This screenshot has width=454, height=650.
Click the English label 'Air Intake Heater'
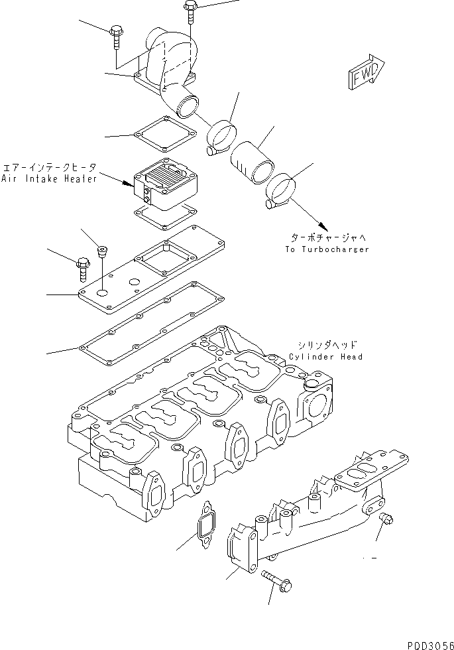[x=49, y=179]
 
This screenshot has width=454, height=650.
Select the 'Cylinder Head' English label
[x=325, y=357]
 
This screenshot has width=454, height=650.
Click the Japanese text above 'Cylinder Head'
[x=325, y=345]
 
